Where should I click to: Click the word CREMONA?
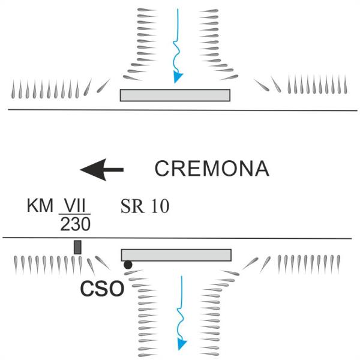pos(212,169)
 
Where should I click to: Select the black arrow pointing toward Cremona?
pos(102,170)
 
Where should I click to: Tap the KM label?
pos(40,205)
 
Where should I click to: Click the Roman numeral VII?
pos(74,205)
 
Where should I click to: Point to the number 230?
pos(76,224)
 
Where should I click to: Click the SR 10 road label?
pos(145,206)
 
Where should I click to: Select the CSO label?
pos(102,289)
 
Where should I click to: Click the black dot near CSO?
pos(128,265)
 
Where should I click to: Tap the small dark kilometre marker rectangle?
pos(77,247)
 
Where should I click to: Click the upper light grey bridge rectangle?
pos(175,95)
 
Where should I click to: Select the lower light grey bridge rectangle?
pos(176,255)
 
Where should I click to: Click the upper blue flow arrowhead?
pos(178,77)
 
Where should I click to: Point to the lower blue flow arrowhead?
pos(182,344)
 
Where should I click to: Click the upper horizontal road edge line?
pos(183,110)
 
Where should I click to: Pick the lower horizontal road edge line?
pos(177,238)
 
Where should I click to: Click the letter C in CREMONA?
pos(162,169)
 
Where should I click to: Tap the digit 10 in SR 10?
pos(160,206)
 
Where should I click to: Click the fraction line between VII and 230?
pos(74,214)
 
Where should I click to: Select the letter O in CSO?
pos(116,289)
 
